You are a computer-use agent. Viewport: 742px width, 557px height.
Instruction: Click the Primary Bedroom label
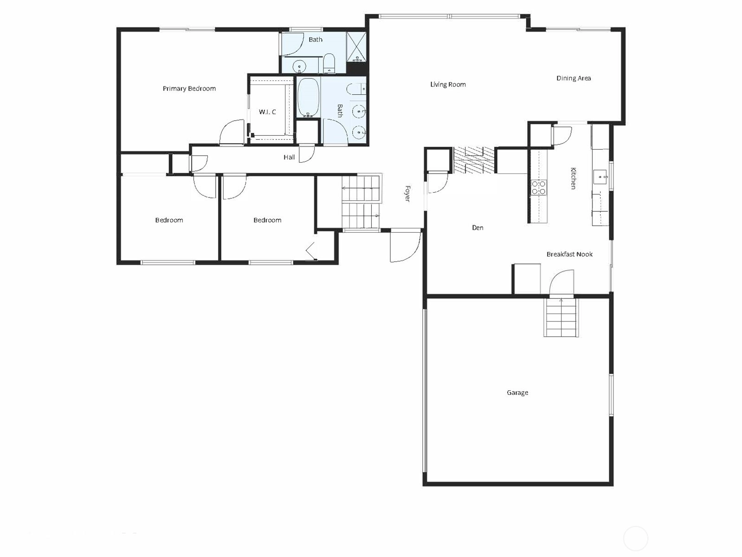[x=189, y=89]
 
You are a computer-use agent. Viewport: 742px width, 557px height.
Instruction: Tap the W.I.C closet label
[x=267, y=111]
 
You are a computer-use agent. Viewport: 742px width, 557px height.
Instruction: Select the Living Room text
[x=448, y=85]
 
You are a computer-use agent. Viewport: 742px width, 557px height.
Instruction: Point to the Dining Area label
[x=574, y=78]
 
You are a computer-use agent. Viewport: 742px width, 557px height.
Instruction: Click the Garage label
[x=517, y=393]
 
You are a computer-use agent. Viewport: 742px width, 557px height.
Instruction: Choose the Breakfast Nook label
[x=569, y=254]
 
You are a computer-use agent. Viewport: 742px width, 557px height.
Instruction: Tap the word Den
[x=477, y=228]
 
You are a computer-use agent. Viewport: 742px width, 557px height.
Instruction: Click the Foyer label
[x=407, y=194]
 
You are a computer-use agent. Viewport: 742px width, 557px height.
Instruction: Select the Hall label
[x=289, y=157]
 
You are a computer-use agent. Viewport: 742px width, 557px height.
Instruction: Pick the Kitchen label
[x=573, y=178]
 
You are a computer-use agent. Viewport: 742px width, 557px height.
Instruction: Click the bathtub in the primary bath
[x=308, y=98]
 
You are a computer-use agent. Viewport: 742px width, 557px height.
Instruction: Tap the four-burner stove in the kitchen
[x=538, y=188]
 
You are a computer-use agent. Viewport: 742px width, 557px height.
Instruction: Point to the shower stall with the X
[x=356, y=47]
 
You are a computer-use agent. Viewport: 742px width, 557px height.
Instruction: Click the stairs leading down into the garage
[x=561, y=317]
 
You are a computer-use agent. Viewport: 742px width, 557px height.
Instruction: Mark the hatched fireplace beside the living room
[x=474, y=160]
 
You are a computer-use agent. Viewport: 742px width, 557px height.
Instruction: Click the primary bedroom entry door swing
[x=232, y=132]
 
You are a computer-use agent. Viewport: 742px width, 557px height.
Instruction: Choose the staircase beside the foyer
[x=361, y=203]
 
